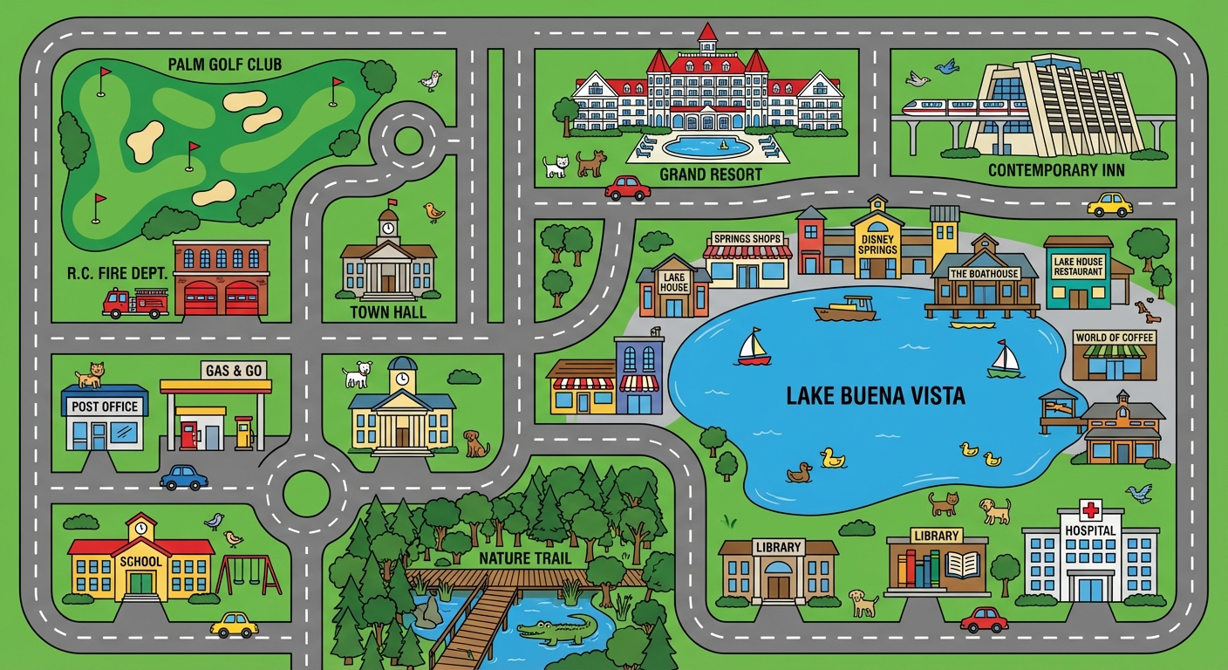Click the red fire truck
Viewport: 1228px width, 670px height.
135,303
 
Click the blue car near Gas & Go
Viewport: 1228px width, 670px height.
184,477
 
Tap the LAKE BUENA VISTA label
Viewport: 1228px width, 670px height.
875,396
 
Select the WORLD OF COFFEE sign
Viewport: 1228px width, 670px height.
1115,338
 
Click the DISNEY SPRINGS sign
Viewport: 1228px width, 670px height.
877,244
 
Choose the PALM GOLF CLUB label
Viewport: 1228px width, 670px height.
226,64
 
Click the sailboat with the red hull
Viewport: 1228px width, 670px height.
754,347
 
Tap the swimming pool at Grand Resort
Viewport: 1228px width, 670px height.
706,147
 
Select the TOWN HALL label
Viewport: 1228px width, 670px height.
388,311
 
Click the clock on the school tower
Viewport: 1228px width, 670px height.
140,530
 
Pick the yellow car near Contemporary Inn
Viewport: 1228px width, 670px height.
1109,205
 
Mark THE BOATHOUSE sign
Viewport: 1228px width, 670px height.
983,274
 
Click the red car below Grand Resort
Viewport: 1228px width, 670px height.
628,188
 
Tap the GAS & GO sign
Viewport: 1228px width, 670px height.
234,371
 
